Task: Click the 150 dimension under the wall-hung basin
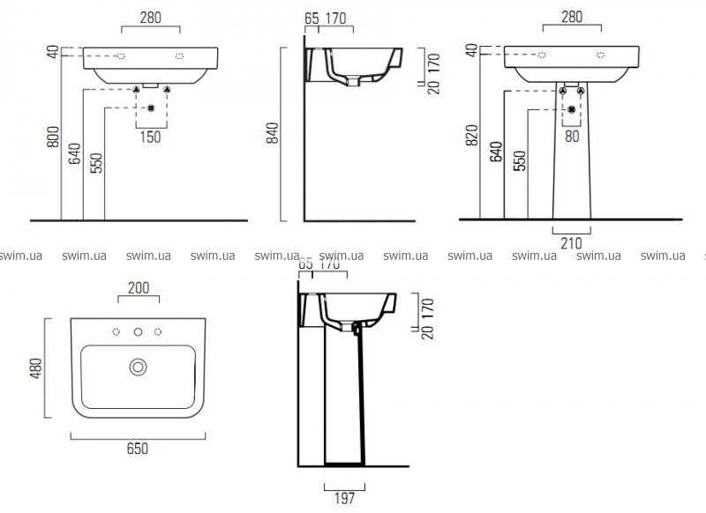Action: click(x=152, y=137)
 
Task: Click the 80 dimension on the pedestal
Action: click(x=572, y=137)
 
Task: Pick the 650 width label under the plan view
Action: click(x=137, y=448)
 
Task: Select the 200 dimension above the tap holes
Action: click(x=138, y=288)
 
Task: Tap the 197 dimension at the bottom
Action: click(x=344, y=498)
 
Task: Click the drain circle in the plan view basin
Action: click(x=138, y=366)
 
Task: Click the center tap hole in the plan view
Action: click(x=138, y=332)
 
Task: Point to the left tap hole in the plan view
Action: click(x=116, y=332)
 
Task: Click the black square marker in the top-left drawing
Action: click(x=151, y=108)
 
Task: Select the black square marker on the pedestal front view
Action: click(x=572, y=108)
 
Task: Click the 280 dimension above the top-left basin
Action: click(x=151, y=16)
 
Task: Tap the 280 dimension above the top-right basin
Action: click(x=573, y=16)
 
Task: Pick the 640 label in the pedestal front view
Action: click(x=495, y=154)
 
